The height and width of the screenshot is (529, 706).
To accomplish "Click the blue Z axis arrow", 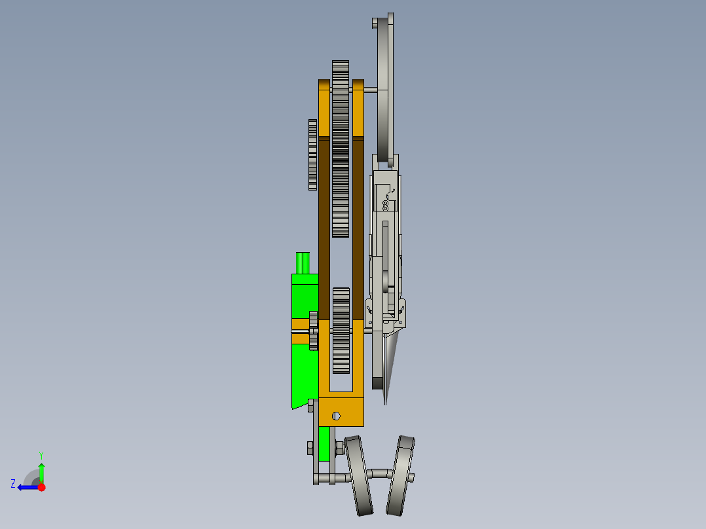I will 26,487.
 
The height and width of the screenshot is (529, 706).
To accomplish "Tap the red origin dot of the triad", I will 41,487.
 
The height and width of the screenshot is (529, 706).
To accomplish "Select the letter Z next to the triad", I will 13,483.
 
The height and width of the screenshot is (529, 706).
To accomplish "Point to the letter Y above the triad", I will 41,454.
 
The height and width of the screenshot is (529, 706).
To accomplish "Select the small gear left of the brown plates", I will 312,155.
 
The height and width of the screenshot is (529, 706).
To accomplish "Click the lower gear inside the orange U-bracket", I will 341,331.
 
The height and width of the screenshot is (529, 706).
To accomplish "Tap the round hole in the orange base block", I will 336,416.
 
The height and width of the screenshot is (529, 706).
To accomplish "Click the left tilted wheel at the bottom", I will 359,476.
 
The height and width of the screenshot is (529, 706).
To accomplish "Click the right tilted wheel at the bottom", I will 400,475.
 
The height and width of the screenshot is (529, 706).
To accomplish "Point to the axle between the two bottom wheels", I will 380,473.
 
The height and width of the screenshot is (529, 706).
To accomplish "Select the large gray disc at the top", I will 385,85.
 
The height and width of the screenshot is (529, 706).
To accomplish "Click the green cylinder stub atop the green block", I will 303,263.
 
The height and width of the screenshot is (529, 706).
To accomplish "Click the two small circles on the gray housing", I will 386,206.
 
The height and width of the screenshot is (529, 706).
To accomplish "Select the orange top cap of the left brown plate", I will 324,109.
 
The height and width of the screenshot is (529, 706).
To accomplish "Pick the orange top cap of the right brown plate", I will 358,109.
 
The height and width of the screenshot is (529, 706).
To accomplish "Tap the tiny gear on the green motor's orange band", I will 313,331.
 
